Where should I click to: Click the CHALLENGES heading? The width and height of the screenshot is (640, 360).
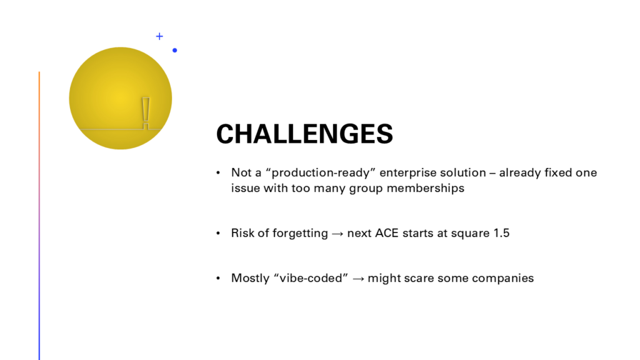coord(304,134)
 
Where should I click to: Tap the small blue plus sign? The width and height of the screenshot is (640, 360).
coord(159,36)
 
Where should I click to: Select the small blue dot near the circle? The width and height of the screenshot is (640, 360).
coord(175,50)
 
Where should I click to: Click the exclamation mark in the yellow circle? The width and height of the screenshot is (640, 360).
coord(146,114)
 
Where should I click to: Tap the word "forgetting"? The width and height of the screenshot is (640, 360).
coord(300,233)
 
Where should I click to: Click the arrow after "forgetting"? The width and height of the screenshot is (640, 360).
coord(337,234)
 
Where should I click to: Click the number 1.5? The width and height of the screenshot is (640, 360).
coord(501,233)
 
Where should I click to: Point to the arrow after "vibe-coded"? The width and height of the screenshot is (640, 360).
coord(358,279)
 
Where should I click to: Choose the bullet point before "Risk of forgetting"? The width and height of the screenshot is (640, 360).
coord(218,233)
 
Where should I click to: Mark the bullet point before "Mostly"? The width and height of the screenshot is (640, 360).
coord(218,278)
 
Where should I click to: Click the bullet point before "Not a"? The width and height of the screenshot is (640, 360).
coord(218,172)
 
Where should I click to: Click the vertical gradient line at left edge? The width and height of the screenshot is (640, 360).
coord(39,216)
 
